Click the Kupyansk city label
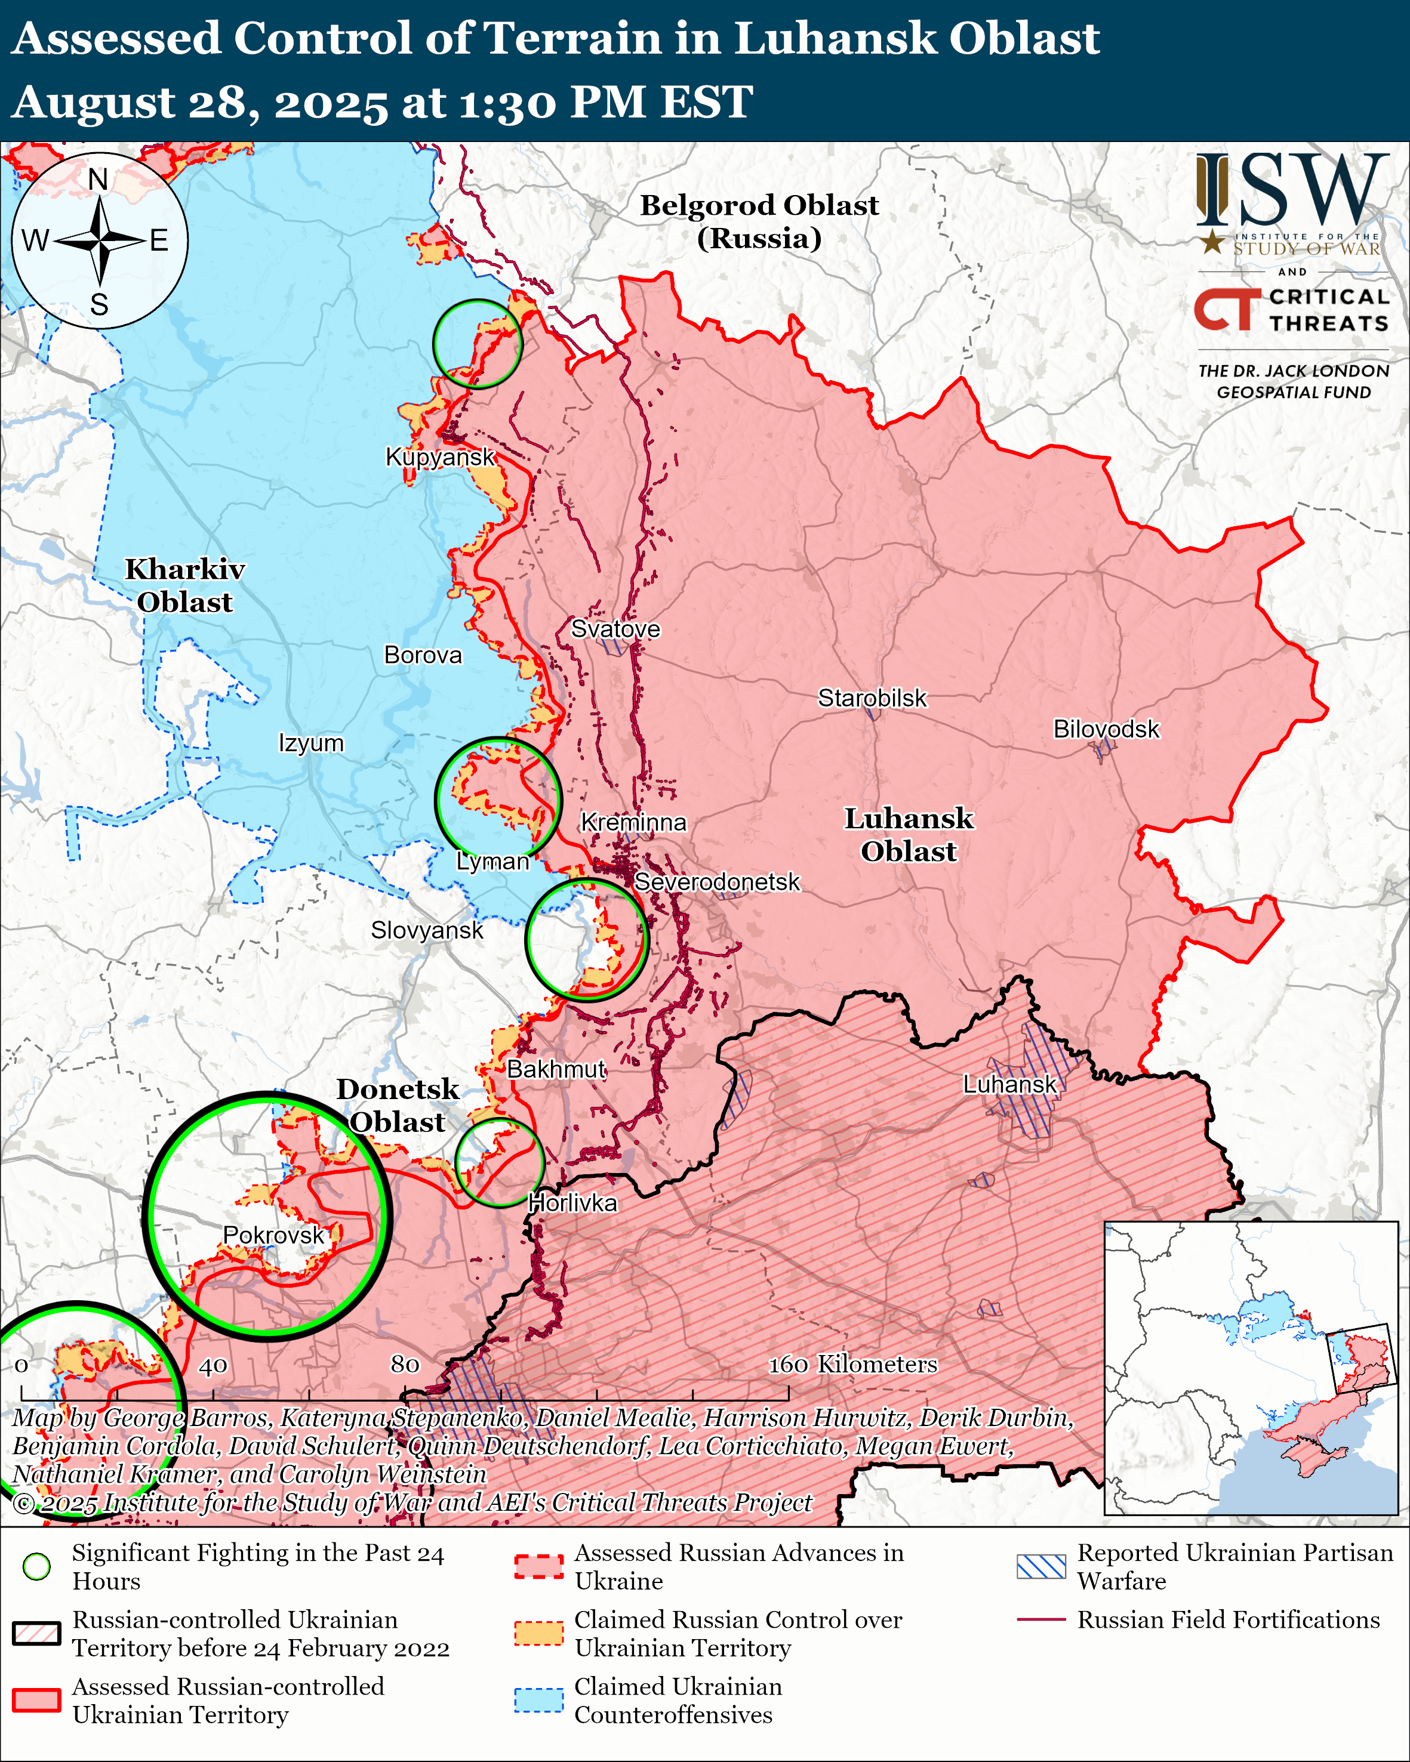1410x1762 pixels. click(440, 457)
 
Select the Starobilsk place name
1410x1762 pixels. click(872, 698)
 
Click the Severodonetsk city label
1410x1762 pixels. click(717, 882)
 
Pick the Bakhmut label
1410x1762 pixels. click(556, 1069)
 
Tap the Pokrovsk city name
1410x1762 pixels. click(273, 1235)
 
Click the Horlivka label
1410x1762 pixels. click(572, 1203)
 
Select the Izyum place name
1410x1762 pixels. click(310, 743)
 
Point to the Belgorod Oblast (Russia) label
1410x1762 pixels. click(759, 221)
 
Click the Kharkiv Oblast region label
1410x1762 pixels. click(184, 585)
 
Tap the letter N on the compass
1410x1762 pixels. click(98, 180)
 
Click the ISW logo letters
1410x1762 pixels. click(1291, 190)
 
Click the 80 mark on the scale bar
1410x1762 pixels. click(405, 1365)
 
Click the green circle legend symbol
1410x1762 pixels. click(37, 1566)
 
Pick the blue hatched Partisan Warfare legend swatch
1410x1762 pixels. click(1040, 1566)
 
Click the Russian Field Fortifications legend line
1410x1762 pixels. click(1040, 1619)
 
